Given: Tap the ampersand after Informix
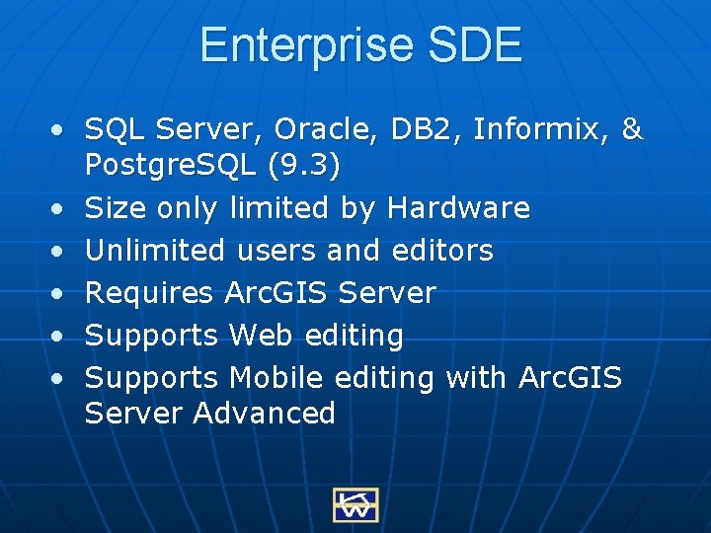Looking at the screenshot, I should click(633, 130).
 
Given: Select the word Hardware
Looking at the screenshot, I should click(458, 208).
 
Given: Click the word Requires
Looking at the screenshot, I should click(149, 293).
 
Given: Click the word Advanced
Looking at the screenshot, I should click(265, 413).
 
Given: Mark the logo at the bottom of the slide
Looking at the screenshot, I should click(355, 504).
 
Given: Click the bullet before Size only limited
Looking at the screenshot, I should click(61, 209).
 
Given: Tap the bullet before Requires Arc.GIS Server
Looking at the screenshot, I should click(61, 294).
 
